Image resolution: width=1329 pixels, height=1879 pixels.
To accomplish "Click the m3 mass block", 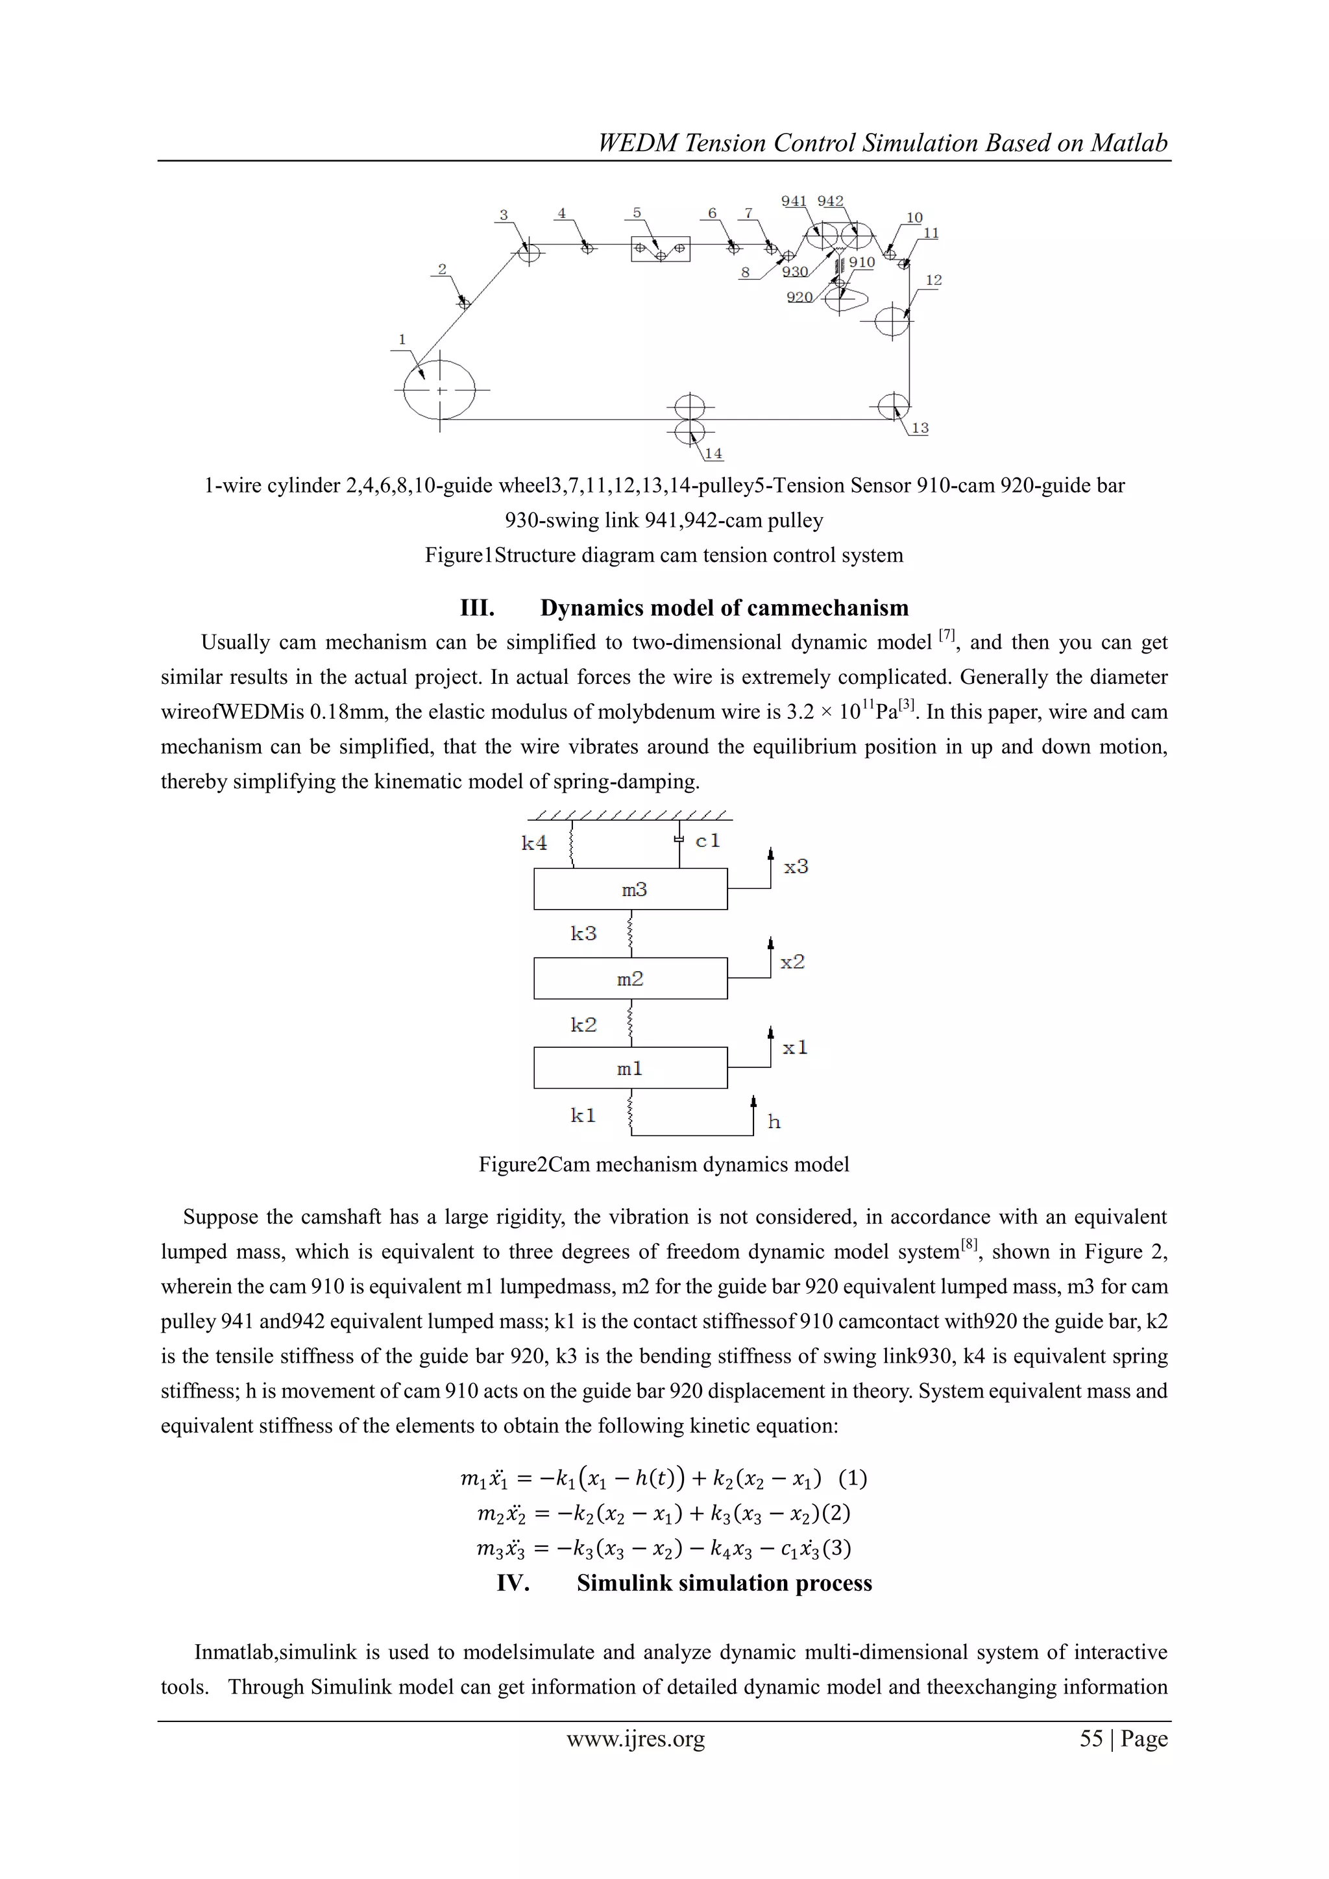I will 630,889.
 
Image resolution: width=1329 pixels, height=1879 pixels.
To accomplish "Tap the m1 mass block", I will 630,1068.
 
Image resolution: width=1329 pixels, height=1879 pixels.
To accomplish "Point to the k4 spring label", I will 534,843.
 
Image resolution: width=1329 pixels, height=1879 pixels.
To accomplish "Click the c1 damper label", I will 708,840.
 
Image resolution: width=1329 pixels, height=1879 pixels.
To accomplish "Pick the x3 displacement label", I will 796,867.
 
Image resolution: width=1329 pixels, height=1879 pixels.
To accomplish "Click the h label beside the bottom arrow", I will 774,1122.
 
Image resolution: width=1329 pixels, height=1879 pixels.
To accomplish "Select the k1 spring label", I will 583,1115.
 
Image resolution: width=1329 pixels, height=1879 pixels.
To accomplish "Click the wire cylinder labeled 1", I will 440,391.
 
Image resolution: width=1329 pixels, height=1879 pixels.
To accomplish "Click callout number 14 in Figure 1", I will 714,454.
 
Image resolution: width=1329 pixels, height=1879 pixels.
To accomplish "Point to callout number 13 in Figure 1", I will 920,428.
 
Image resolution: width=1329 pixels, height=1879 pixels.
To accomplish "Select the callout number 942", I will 830,201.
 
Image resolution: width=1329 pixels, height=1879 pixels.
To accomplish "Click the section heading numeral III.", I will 477,608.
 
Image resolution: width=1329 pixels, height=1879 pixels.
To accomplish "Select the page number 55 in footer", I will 1091,1738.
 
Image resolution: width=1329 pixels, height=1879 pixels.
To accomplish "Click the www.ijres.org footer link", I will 635,1738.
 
